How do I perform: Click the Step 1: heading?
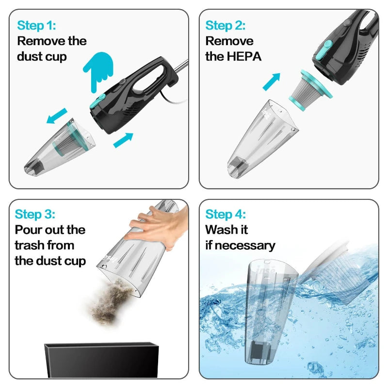(36, 26)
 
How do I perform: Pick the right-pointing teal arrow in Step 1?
(123, 140)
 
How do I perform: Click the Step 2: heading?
(226, 26)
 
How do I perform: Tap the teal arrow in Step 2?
(272, 81)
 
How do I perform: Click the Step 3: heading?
(35, 214)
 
